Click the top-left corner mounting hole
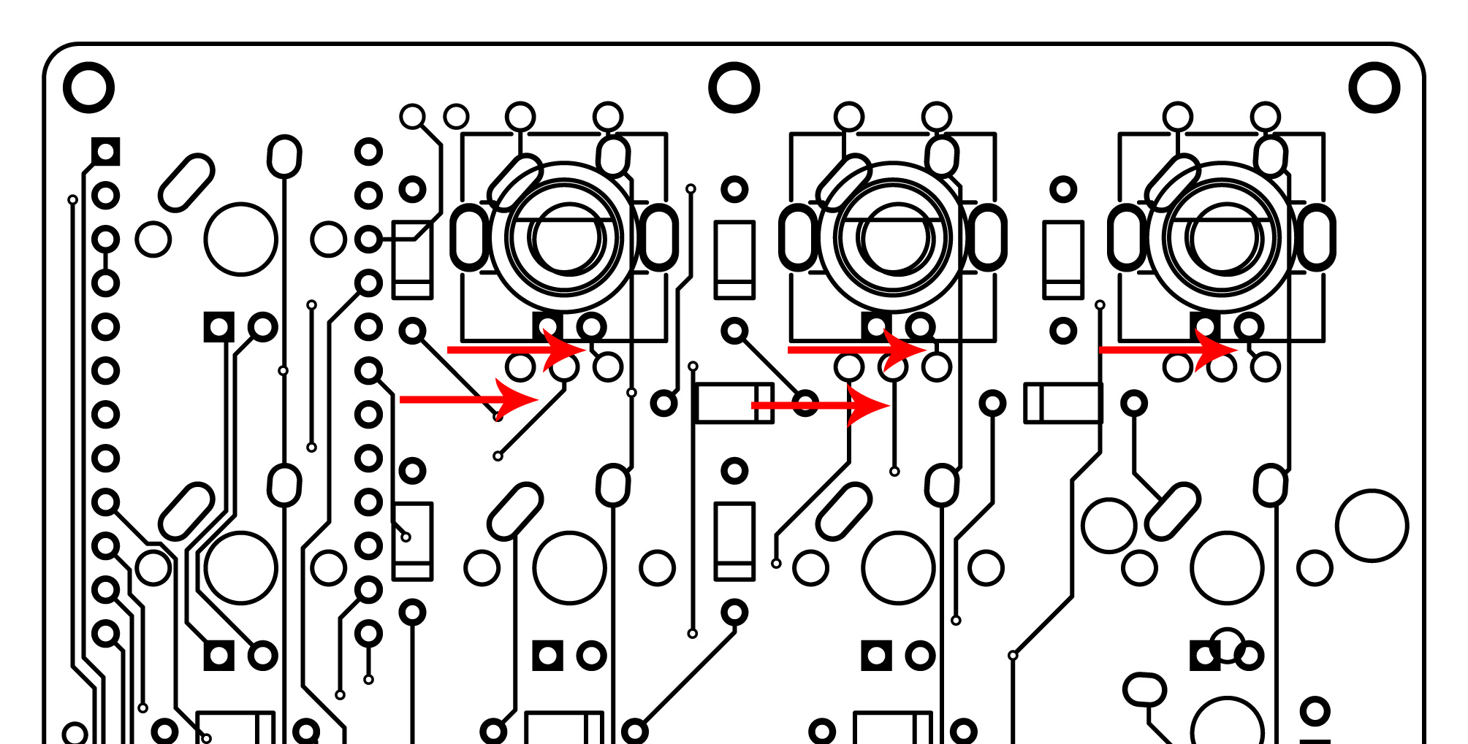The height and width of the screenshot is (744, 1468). coord(88,88)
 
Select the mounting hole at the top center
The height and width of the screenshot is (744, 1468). coord(734,88)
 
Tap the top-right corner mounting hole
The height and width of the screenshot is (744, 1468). coord(1374,88)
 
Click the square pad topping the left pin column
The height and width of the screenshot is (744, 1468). coord(106,152)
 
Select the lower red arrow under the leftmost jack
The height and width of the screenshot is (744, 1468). coord(468,399)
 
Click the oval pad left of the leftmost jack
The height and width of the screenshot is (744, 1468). coord(470,238)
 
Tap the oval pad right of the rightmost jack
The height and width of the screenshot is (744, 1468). coord(1315,238)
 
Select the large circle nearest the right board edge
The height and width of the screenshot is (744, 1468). coord(1372,526)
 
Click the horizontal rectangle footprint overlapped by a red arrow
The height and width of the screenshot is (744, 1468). coord(734,403)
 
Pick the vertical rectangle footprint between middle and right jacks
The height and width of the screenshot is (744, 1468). coord(1062,260)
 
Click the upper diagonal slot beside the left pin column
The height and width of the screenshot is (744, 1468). coord(186,183)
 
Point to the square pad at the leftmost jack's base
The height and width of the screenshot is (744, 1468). coord(547,326)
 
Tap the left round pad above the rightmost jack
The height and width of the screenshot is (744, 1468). coord(1177,117)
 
